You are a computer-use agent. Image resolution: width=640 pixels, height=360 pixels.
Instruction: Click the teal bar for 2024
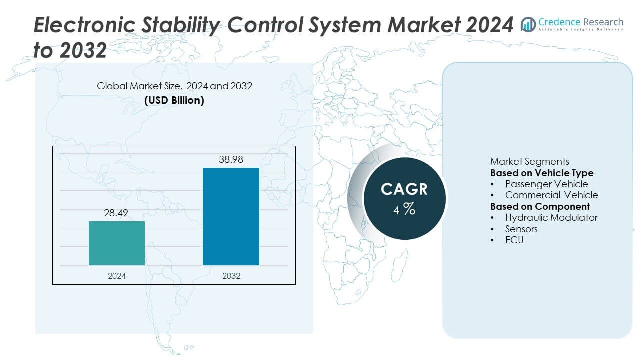117,243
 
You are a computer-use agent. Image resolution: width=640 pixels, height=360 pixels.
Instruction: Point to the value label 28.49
117,213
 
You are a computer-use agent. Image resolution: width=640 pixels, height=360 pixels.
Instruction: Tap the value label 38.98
231,160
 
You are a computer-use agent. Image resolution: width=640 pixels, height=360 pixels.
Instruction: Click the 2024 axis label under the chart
117,276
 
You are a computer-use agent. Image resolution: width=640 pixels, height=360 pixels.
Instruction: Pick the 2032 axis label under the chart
231,276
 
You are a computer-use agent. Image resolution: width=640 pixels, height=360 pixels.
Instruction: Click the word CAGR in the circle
404,189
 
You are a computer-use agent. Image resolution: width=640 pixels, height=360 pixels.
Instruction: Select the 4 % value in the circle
404,210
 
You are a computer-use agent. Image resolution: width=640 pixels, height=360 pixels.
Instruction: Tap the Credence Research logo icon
528,23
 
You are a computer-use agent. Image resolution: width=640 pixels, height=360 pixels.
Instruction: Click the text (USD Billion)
174,100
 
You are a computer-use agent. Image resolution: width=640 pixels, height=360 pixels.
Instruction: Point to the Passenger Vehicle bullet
546,184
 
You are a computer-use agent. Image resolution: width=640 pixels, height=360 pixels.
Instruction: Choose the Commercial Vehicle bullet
551,195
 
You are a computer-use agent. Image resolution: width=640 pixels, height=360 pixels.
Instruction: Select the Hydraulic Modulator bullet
551,217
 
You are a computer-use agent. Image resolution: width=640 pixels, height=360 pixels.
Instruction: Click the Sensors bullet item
521,229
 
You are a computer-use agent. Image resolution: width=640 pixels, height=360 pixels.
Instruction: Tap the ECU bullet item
514,240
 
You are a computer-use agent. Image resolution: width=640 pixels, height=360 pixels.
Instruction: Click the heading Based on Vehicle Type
542,173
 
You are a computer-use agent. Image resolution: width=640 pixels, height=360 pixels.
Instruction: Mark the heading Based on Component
540,206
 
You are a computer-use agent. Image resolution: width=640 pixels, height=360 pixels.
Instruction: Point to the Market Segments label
529,161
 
